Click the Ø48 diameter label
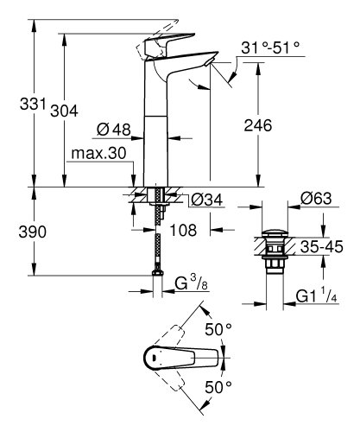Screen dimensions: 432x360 (x=113, y=130)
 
